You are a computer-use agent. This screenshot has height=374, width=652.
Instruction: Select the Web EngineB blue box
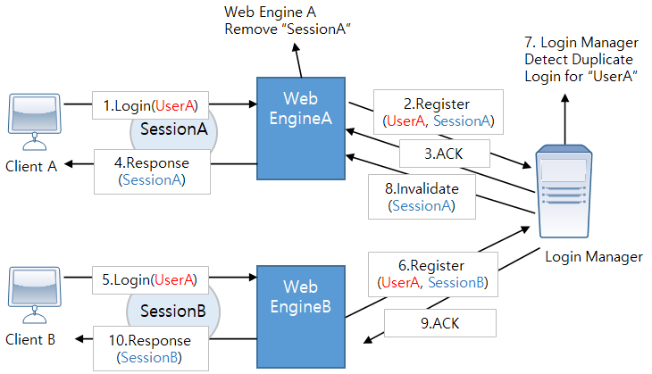(300, 299)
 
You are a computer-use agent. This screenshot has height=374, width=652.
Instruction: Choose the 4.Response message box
(152, 170)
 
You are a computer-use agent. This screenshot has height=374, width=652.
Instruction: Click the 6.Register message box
(433, 274)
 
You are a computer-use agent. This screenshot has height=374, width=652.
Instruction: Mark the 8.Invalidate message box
(421, 196)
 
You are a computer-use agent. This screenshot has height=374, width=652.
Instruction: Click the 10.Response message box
(150, 349)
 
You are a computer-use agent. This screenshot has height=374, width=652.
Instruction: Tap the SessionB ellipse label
(173, 311)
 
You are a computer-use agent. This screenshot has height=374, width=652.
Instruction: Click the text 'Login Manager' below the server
(594, 257)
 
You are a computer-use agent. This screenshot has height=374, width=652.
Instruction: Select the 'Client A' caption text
(31, 165)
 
